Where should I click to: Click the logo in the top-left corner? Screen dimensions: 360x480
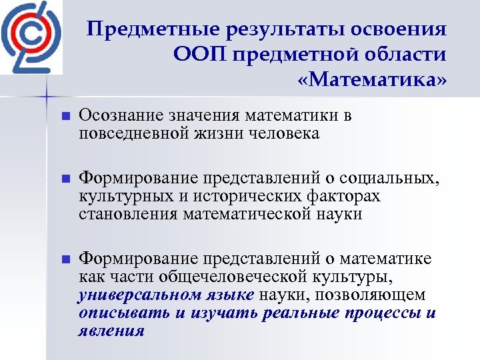[x=31, y=37]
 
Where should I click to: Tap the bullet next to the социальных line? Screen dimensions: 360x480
[x=65, y=179]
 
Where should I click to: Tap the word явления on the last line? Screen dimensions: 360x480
[x=111, y=331]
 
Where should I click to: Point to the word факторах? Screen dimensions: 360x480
[x=347, y=197]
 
